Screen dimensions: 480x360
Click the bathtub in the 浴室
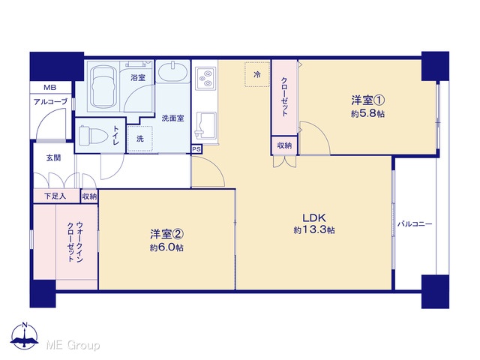(103, 86)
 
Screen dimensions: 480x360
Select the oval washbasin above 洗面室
(173, 72)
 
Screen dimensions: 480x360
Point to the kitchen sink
(205, 125)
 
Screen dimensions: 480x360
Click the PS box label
(196, 149)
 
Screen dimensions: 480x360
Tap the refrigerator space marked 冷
(256, 74)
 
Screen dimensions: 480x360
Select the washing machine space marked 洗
(140, 139)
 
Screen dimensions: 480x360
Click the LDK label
(314, 218)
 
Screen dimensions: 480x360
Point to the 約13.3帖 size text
(314, 230)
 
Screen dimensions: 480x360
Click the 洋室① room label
(367, 100)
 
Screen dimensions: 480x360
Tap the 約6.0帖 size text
(166, 247)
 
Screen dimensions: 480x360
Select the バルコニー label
(415, 224)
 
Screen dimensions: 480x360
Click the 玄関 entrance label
(53, 158)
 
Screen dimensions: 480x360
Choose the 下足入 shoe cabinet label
(55, 196)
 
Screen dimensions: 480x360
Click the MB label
(50, 88)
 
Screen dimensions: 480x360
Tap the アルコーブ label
(50, 102)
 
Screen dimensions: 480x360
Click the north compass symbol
(25, 335)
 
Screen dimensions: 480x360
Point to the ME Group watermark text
(73, 345)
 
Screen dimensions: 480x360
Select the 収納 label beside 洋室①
(284, 145)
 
